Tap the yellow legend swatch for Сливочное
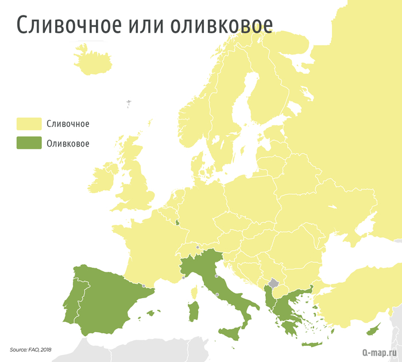coord(29,124)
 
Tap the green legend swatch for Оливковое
coord(29,143)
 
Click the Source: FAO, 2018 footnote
coord(30,349)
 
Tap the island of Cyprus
coord(373,329)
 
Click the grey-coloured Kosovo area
coord(274,283)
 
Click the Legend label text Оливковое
coord(68,143)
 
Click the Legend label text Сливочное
coord(68,124)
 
